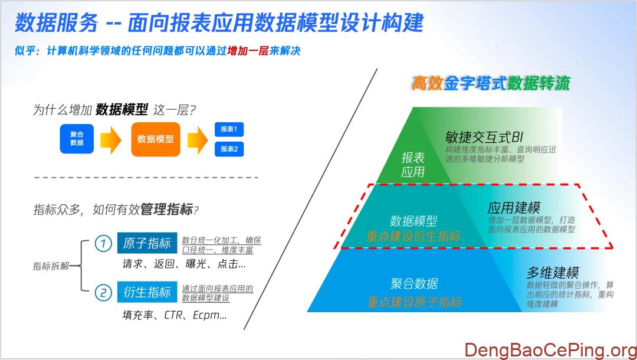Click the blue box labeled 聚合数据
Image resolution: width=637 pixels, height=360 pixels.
(77, 139)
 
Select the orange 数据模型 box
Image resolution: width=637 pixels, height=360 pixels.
(156, 139)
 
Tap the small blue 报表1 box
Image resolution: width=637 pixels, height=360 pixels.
(229, 129)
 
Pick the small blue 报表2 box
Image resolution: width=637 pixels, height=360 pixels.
(229, 149)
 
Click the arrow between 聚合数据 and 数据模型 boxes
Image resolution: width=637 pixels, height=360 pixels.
(110, 140)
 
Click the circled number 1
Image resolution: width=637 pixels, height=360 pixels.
(103, 243)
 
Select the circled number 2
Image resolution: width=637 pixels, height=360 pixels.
(103, 292)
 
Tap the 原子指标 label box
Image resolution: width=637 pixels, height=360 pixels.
(147, 243)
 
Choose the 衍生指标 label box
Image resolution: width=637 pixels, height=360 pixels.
(147, 292)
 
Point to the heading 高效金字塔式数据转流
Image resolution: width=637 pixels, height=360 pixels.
(491, 83)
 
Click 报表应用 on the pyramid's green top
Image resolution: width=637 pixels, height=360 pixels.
(413, 165)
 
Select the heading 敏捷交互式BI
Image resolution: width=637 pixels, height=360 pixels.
(484, 138)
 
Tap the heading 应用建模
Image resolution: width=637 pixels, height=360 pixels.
(514, 208)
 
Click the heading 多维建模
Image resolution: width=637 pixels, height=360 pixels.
(553, 273)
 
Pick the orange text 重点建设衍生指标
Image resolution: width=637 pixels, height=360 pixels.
(413, 237)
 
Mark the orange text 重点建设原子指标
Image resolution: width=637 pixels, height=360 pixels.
(414, 302)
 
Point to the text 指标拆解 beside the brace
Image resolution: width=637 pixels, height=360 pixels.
(51, 266)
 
